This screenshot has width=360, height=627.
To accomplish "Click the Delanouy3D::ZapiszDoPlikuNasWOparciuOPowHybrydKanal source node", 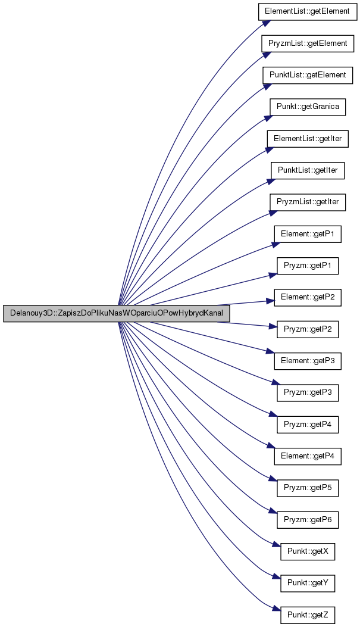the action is (116, 313).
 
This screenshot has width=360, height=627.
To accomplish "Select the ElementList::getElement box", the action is (308, 11).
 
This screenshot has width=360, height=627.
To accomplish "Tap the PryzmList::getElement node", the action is (308, 43).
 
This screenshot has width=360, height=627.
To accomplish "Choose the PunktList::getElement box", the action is (308, 75).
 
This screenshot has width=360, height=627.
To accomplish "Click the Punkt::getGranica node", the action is (308, 107).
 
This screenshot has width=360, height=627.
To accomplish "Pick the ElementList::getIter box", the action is (308, 139).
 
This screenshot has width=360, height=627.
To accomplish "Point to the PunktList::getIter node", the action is (308, 170).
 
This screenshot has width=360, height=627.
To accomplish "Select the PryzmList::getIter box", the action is (308, 202).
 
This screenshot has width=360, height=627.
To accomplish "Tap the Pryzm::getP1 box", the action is (308, 266).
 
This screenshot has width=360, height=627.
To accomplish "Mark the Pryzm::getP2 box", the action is (308, 330).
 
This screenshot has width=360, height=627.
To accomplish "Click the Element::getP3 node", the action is (308, 361).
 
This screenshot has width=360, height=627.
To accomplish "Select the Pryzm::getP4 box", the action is (308, 425).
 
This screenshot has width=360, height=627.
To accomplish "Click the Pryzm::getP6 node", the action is (308, 520).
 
